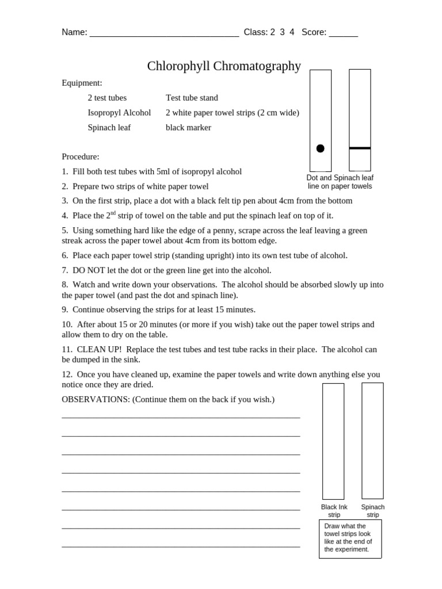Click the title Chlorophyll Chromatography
[224, 66]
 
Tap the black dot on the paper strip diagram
[321, 148]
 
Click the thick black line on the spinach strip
[360, 148]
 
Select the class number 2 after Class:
[272, 32]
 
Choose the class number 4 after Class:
[292, 32]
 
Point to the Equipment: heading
[82, 83]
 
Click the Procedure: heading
[81, 156]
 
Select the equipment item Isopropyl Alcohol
[119, 113]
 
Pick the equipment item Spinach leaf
[109, 128]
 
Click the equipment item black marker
[188, 128]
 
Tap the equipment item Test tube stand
[192, 98]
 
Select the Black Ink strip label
[334, 511]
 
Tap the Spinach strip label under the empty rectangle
[372, 511]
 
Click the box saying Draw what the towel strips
[350, 538]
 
